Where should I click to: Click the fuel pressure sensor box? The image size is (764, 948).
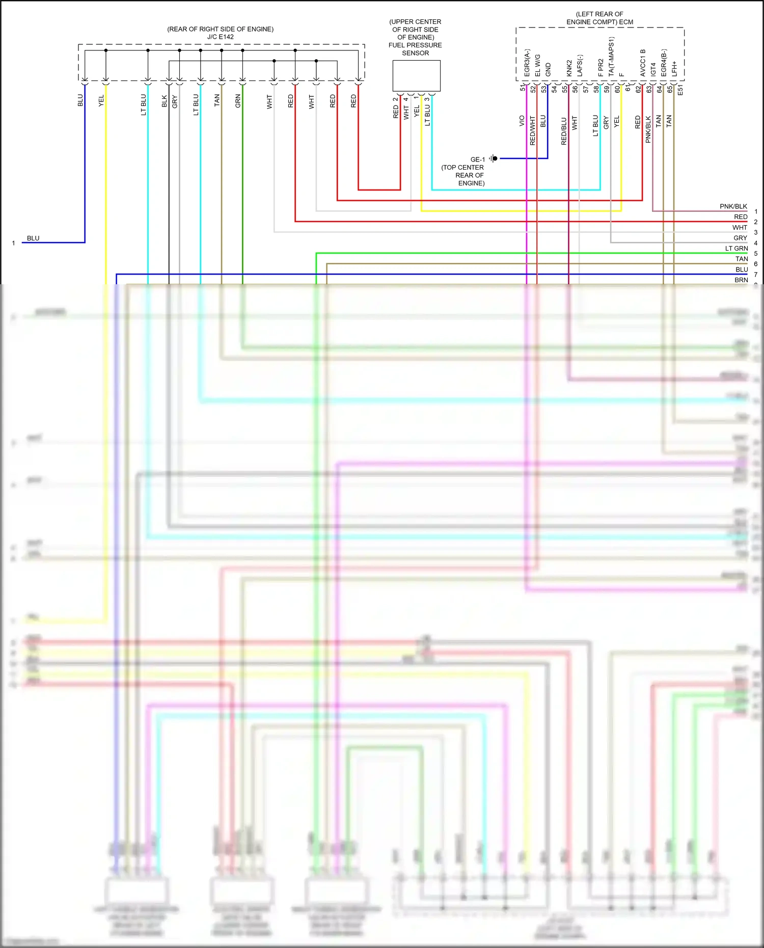[x=416, y=76]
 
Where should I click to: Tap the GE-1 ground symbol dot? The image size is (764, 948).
[x=495, y=158]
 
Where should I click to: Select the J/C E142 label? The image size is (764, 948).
[x=221, y=37]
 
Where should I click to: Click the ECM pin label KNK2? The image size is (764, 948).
[x=569, y=68]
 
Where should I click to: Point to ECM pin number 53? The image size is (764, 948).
[x=544, y=89]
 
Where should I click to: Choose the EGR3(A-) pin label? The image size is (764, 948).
[x=527, y=63]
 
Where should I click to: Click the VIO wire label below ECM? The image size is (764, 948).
[x=522, y=121]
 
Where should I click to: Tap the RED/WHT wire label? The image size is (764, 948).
[x=532, y=130]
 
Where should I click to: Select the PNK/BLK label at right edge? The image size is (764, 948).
[x=733, y=206]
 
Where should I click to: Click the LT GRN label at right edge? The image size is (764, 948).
[x=736, y=249]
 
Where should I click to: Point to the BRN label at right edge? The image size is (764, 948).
[x=741, y=280]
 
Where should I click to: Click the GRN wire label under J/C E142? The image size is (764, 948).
[x=238, y=101]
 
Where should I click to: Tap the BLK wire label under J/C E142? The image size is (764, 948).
[x=164, y=101]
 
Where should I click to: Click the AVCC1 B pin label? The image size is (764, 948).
[x=643, y=63]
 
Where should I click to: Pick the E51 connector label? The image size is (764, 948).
[x=680, y=90]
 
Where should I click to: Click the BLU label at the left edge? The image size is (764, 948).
[x=33, y=238]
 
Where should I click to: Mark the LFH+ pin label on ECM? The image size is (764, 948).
[x=674, y=69]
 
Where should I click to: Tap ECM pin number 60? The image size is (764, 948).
[x=617, y=89]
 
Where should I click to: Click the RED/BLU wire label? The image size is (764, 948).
[x=564, y=131]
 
